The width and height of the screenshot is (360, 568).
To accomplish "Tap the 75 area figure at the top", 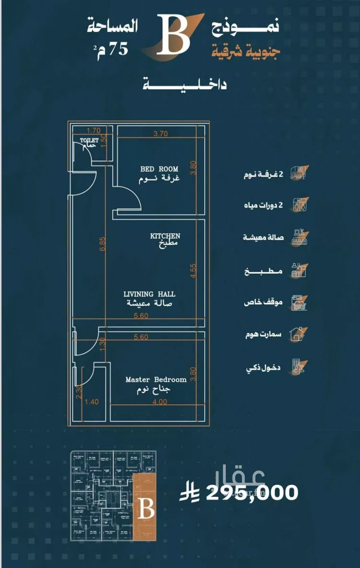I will tap(118, 48).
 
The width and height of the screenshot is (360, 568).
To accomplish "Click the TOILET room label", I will tap(89, 141).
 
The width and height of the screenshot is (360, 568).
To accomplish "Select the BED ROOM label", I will tap(159, 169).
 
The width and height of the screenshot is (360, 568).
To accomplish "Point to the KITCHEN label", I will tap(165, 236).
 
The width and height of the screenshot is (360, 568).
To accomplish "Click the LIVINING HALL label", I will tap(149, 294).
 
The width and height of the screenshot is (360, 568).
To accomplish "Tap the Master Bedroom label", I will tap(156, 379).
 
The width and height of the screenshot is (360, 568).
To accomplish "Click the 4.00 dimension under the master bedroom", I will tap(160, 402).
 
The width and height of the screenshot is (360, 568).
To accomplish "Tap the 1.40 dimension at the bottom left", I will tap(91, 402).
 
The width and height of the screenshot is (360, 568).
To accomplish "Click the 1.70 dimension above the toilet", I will tap(93, 130).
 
